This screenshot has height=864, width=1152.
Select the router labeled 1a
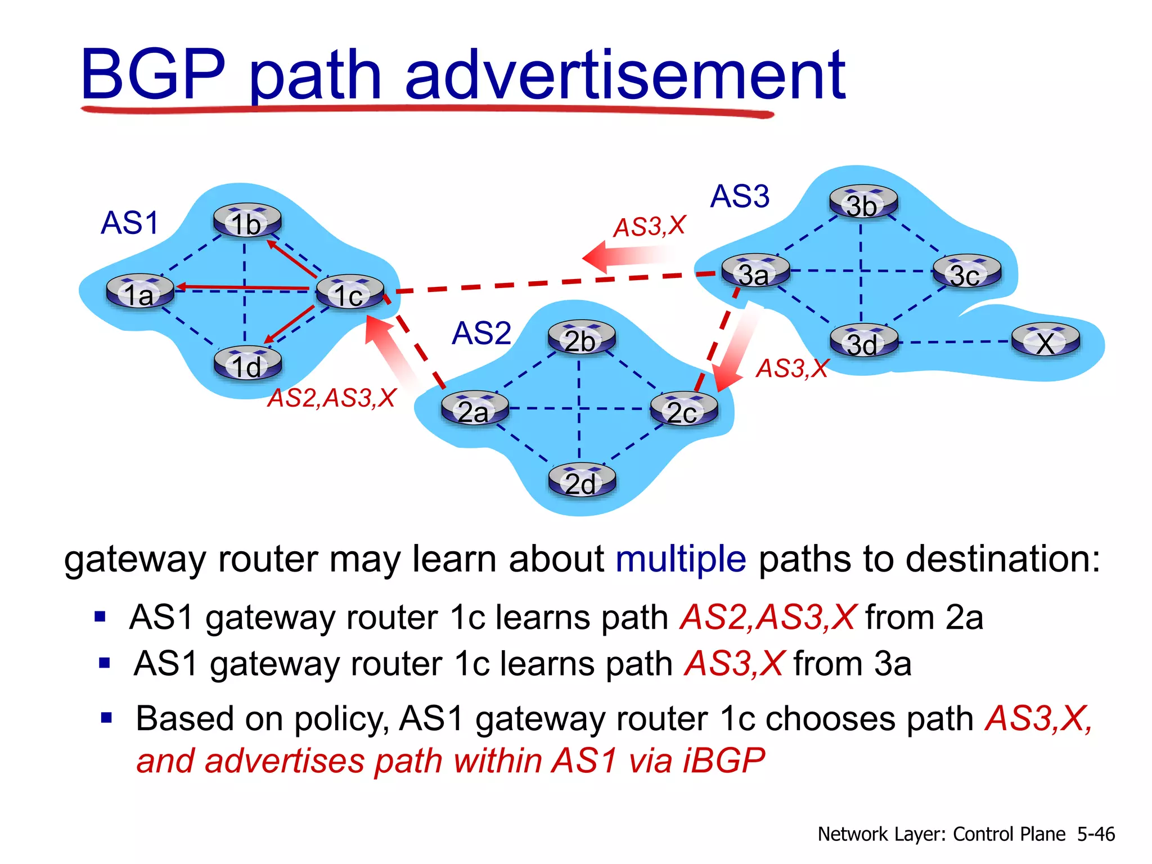(140, 292)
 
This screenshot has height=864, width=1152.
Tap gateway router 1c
(350, 292)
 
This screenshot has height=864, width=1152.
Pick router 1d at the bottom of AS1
(247, 364)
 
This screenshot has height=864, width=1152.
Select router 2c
(683, 409)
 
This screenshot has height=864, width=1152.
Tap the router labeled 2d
(582, 481)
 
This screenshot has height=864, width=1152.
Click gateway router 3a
(755, 272)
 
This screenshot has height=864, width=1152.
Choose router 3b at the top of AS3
(863, 202)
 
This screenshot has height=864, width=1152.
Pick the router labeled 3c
(967, 273)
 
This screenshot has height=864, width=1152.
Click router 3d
(863, 341)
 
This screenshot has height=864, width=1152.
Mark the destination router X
(1046, 341)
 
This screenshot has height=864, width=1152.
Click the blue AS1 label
(130, 223)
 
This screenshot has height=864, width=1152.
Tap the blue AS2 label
(481, 333)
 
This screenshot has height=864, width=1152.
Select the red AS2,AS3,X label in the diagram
(332, 398)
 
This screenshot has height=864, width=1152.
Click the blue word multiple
(681, 559)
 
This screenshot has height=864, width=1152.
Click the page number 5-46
(1096, 834)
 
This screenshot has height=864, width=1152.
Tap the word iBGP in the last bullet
(723, 760)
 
